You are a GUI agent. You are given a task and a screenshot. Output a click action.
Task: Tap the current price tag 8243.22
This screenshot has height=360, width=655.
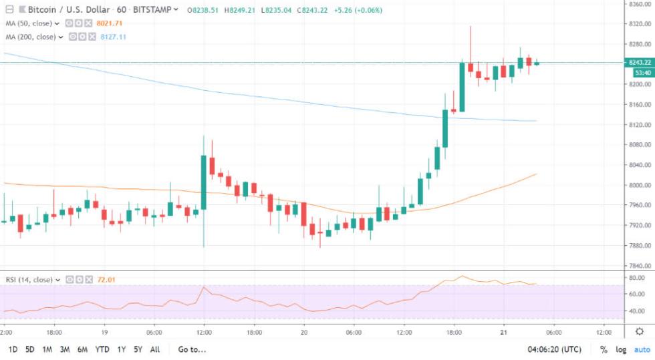pyautogui.click(x=640, y=62)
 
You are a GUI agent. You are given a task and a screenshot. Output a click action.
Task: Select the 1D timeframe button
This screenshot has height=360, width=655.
pyautogui.click(x=13, y=349)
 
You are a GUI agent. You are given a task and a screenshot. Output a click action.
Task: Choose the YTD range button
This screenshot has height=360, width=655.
pyautogui.click(x=102, y=349)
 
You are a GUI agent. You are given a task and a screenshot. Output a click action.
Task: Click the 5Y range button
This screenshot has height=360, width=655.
pyautogui.click(x=137, y=349)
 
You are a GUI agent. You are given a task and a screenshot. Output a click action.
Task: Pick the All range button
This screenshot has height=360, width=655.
pyautogui.click(x=154, y=349)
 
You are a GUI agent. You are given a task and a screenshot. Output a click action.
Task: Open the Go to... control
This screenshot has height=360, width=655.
pyautogui.click(x=192, y=349)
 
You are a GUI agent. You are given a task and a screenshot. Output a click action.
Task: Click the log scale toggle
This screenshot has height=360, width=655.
pyautogui.click(x=621, y=349)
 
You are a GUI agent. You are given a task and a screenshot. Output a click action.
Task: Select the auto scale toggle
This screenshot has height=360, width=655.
pyautogui.click(x=641, y=349)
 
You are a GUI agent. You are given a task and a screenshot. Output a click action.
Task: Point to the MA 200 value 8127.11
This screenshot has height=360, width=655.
pyautogui.click(x=114, y=37)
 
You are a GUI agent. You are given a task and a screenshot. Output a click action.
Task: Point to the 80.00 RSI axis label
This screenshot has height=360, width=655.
pyautogui.click(x=636, y=278)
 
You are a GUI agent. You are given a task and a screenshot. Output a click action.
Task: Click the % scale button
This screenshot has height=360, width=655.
pyautogui.click(x=604, y=349)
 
